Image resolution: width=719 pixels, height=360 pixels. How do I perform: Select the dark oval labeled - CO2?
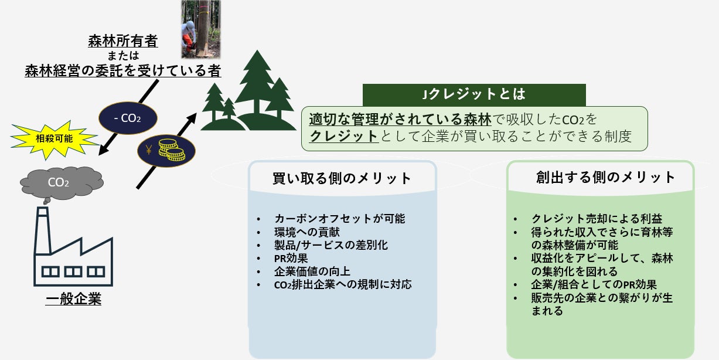pyautogui.click(x=128, y=118)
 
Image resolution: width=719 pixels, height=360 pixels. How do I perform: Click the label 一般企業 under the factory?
pyautogui.click(x=73, y=300)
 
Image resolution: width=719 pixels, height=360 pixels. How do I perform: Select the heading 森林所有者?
pyautogui.click(x=123, y=42)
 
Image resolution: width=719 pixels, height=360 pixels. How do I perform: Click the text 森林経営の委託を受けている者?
pyautogui.click(x=123, y=71)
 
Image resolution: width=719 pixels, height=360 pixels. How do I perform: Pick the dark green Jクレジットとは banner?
pyautogui.click(x=474, y=94)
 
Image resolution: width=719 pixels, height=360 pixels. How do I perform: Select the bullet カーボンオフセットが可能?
pyautogui.click(x=339, y=219)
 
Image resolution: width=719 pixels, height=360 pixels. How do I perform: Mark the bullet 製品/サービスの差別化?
pyautogui.click(x=331, y=245)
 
